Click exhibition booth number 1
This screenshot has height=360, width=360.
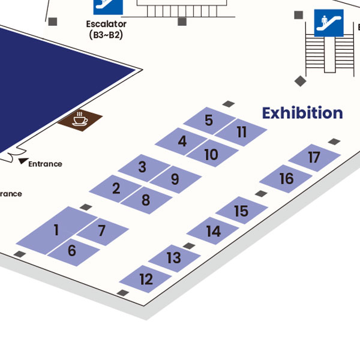pos(56,230)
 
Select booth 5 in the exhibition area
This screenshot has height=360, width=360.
pos(208,120)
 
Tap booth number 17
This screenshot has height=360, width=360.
pos(314,158)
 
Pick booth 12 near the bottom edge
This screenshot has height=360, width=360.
pos(146,279)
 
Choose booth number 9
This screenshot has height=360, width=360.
pos(175,179)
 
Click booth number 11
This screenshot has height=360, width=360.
pos(241,132)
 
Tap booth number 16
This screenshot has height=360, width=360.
pos(286,178)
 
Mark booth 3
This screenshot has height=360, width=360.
pos(142,167)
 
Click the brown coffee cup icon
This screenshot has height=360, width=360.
pos(80,121)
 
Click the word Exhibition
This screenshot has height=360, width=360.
pos(302,113)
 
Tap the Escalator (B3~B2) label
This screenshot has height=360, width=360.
pos(106,29)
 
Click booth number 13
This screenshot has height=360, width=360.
pos(173,258)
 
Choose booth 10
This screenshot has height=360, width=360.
pos(211,154)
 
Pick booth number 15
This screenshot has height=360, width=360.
pos(241,211)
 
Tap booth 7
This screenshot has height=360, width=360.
pos(101,230)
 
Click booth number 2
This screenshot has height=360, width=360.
pos(116,188)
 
